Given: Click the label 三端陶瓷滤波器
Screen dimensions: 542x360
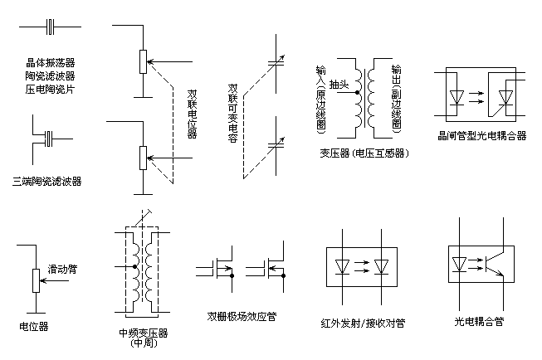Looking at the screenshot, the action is point(47,181).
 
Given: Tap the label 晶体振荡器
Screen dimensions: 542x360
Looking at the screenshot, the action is point(51,62).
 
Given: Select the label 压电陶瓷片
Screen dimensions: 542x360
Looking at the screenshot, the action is point(51,89).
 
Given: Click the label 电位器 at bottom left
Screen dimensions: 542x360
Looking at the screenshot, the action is point(34,327).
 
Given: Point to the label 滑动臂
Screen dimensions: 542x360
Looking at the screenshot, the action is point(62,269).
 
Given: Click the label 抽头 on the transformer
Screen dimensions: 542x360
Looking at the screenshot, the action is point(339,85).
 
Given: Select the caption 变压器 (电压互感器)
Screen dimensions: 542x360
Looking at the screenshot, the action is point(364,153).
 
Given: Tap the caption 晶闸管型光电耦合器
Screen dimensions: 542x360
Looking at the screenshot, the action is point(482,136).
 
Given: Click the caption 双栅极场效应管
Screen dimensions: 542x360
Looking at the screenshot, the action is point(242,317).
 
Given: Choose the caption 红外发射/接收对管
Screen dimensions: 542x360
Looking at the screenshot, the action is point(363,323).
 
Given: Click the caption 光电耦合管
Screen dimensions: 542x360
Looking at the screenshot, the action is point(479,322).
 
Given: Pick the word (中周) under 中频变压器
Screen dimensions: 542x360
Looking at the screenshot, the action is point(144,343).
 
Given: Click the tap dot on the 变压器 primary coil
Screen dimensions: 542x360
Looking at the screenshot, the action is point(357,93).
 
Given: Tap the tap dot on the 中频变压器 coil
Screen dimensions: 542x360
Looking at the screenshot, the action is point(134,267).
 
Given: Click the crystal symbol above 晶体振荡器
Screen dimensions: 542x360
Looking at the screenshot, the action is point(51,27).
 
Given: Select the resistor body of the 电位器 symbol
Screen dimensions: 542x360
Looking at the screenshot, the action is point(36,280).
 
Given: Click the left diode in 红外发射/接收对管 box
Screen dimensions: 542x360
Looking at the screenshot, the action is point(342,267).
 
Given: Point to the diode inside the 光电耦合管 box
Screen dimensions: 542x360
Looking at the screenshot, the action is point(459,265).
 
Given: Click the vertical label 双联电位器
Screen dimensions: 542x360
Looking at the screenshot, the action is point(193,114).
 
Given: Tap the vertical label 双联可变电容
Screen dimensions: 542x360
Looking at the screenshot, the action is point(233,113).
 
